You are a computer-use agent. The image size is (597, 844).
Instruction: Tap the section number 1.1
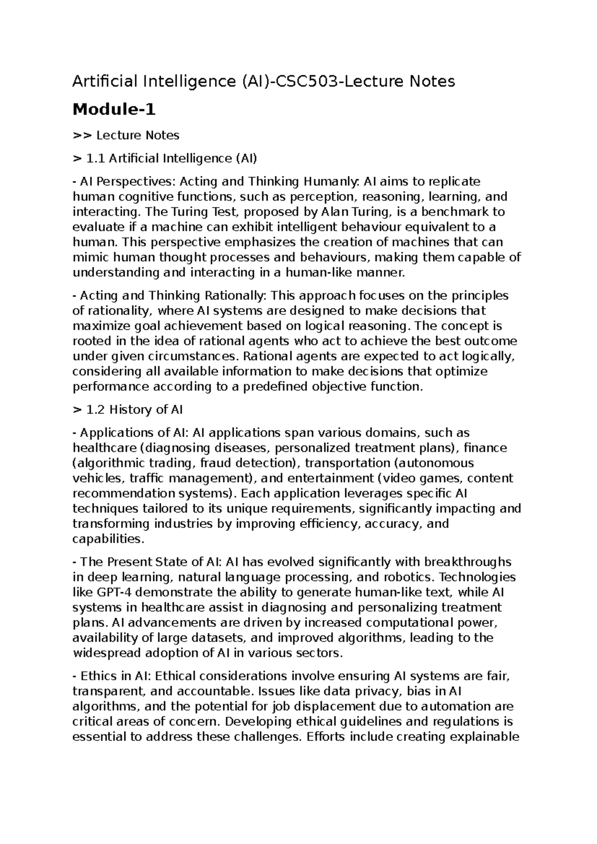coord(96,159)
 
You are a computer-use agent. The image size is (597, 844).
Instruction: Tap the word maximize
coord(102,326)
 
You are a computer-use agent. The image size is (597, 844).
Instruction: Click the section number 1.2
coord(96,410)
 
